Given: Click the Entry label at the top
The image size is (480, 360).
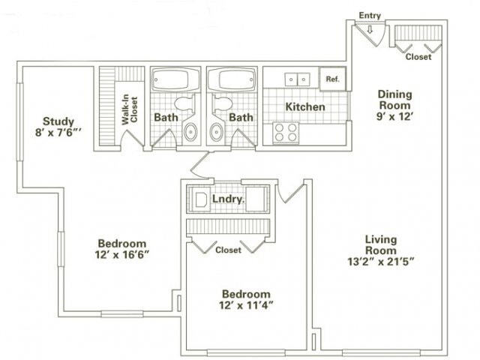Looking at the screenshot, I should [x=370, y=14].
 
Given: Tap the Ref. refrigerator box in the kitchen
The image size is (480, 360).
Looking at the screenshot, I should [x=331, y=78].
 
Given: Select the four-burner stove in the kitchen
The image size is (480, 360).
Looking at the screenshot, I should [x=286, y=132].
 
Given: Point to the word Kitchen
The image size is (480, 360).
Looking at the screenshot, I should [x=305, y=107].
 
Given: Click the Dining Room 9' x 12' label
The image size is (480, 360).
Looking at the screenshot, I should [x=394, y=100].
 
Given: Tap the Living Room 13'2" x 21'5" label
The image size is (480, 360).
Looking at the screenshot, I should [x=380, y=250].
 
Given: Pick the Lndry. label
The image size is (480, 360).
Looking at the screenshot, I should [x=226, y=200].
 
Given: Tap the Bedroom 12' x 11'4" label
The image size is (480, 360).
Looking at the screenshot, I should [x=246, y=299].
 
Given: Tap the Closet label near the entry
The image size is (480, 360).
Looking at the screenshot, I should [x=418, y=58].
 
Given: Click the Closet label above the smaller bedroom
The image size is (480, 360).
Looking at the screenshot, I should [x=228, y=250].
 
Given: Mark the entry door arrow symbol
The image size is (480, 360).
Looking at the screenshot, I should [x=370, y=29].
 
